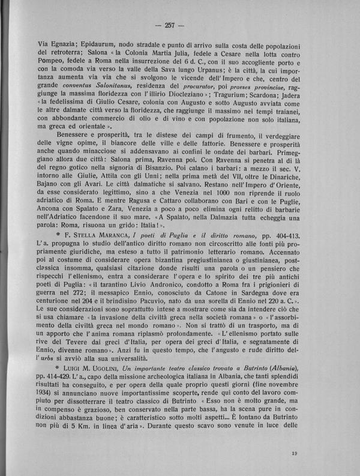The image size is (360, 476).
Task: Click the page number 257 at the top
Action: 180,25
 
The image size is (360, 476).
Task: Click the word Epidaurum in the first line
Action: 100,44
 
